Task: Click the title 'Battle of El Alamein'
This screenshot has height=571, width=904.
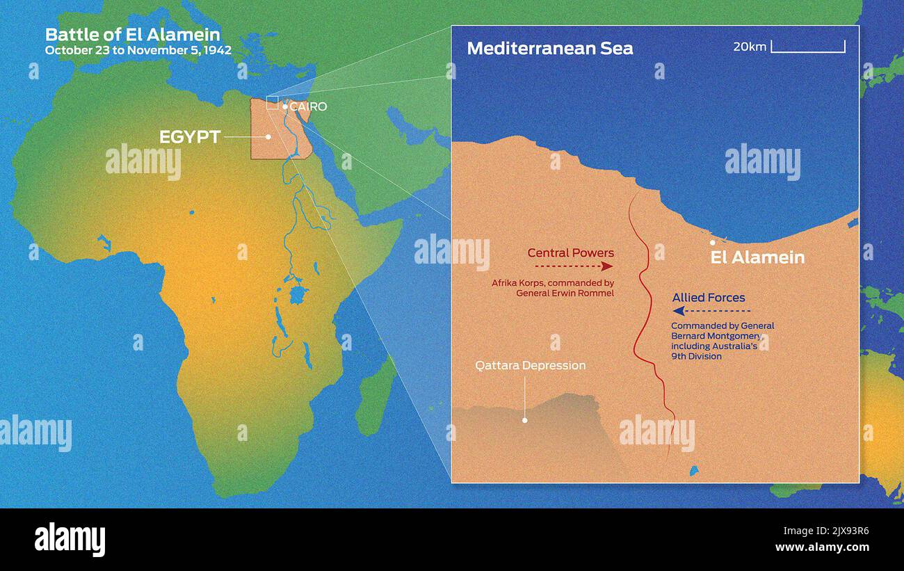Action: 132,34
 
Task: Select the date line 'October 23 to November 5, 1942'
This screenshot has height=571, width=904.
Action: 138,50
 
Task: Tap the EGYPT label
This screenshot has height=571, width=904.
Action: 190,137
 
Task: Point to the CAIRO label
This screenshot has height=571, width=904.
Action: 308,106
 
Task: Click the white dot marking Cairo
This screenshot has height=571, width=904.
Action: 285,106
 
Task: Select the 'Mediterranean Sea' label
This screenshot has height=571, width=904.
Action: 549,48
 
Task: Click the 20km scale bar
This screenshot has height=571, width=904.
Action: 808,47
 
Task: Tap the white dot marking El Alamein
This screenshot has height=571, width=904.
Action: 712,243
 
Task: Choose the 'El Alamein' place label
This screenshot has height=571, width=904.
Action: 757,257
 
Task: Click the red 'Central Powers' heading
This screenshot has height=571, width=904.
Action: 570,252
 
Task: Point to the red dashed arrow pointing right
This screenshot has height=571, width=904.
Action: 574,266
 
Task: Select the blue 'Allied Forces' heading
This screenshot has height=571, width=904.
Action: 708,298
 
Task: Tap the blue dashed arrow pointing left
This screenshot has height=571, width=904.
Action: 711,311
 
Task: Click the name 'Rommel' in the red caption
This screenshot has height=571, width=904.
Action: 597,293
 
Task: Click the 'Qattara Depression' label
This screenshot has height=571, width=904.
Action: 530,365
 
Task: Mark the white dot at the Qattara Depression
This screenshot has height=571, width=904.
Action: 525,420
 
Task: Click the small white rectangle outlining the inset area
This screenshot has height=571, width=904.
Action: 272,103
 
